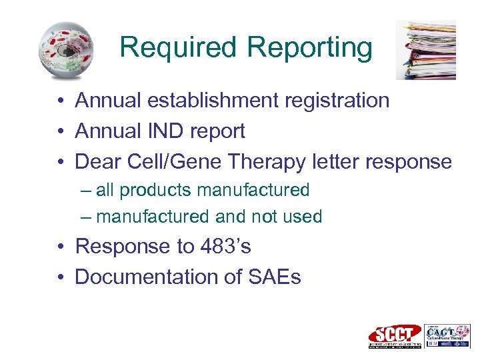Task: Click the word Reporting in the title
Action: click(x=310, y=48)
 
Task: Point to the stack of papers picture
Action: click(x=426, y=50)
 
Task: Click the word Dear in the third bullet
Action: click(x=99, y=162)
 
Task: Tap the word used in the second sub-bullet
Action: click(x=304, y=217)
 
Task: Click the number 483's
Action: click(x=225, y=246)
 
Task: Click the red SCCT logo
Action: click(x=395, y=336)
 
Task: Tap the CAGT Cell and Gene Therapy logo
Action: click(x=447, y=335)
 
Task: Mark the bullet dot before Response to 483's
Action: click(x=61, y=247)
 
